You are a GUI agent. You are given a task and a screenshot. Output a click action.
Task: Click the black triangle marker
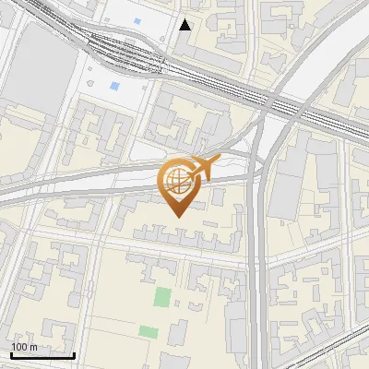(185, 25)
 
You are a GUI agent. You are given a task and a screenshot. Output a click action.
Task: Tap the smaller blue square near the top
(137, 20)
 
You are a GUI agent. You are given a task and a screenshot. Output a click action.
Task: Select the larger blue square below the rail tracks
(114, 86)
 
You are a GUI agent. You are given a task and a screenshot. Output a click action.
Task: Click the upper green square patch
(162, 297)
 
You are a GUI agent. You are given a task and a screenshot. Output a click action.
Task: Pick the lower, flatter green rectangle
(148, 330)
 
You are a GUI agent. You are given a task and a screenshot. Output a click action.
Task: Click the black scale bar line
(42, 354)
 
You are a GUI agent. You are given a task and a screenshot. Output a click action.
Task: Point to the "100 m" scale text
(25, 346)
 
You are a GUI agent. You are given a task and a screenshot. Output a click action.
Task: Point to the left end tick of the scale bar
(11, 352)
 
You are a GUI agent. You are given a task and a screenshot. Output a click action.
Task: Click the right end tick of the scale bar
(74, 352)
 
